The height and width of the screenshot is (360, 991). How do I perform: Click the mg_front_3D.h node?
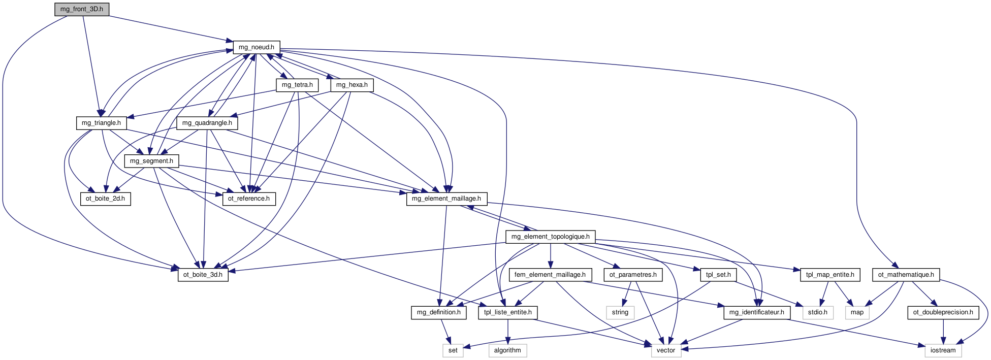(x=82, y=9)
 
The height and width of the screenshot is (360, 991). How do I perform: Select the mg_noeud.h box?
(x=257, y=47)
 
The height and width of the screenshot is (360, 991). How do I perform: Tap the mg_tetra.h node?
(x=297, y=85)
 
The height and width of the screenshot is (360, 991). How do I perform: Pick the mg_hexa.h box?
(x=352, y=85)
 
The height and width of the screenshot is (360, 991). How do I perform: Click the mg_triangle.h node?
(x=102, y=123)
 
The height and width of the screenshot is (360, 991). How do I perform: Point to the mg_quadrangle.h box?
(x=207, y=123)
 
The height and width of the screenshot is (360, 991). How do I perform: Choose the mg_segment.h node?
(x=151, y=161)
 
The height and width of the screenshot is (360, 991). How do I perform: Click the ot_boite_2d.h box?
(x=105, y=199)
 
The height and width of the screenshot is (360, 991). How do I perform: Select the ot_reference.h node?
(x=249, y=199)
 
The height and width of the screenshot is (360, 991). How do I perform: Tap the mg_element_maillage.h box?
(x=446, y=199)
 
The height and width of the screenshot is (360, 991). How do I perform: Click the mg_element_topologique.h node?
(x=551, y=237)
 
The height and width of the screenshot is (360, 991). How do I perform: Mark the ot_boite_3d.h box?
(x=203, y=275)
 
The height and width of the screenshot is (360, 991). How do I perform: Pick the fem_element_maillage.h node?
(x=550, y=275)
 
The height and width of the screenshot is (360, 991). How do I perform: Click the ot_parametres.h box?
(x=633, y=275)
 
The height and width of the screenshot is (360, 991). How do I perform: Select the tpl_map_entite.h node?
(x=830, y=275)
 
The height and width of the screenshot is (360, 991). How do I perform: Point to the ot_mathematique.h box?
(x=906, y=275)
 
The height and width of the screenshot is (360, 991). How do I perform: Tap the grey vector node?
(x=666, y=350)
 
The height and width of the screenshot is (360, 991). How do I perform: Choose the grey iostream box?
(x=943, y=350)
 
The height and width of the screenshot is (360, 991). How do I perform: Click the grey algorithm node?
(x=507, y=350)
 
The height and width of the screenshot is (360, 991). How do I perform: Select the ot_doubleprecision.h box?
(x=943, y=312)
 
